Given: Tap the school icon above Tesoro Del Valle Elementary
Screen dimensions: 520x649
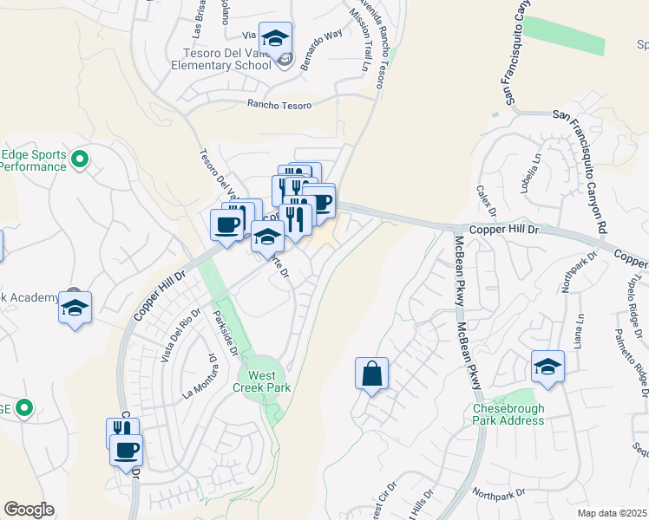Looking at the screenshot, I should click(275, 39).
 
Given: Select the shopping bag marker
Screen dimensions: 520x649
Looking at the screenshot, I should click(371, 374).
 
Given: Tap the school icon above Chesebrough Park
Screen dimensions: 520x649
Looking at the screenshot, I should click(547, 367).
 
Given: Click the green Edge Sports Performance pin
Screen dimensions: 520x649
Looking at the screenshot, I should click(80, 159).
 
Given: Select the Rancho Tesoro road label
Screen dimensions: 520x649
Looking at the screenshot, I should click(279, 104).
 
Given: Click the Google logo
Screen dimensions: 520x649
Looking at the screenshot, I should click(29, 510).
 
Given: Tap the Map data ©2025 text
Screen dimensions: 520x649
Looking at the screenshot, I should click(611, 513).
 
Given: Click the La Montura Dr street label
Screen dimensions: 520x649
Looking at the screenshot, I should click(197, 375).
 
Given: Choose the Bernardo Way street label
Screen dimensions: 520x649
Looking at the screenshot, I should click(321, 49).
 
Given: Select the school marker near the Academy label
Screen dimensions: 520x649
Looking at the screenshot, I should click(75, 309).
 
